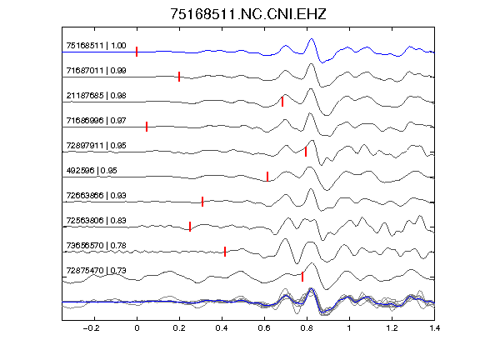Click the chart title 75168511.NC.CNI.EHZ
[x=248, y=14]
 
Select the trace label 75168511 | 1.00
[x=96, y=46]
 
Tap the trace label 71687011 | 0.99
[x=96, y=71]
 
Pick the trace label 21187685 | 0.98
[x=96, y=96]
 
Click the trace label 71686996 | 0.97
[x=96, y=121]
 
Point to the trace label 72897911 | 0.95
[x=96, y=145]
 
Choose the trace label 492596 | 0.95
[x=92, y=171]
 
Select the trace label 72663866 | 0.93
[x=96, y=196]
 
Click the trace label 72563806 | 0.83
[x=96, y=220]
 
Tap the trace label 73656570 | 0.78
[x=96, y=246]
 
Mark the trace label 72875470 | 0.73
[x=96, y=271]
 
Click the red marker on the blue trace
[x=137, y=52]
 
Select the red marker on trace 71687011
[x=179, y=77]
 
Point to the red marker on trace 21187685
[x=282, y=102]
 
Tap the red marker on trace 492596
[x=267, y=177]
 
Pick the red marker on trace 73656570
[x=225, y=252]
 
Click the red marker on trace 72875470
[x=302, y=277]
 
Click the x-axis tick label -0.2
[x=92, y=328]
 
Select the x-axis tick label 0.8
[x=307, y=328]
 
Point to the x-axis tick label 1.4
[x=435, y=328]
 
